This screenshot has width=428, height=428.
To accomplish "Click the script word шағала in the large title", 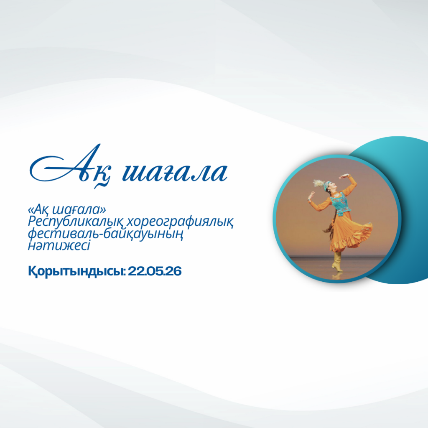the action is click(175, 171).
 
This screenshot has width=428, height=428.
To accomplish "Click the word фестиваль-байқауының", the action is click(105, 234).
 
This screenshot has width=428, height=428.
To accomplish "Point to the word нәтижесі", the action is click(59, 245).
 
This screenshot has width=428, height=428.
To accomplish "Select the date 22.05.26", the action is click(155, 271).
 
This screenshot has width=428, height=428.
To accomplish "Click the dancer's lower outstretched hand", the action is click(311, 196).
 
